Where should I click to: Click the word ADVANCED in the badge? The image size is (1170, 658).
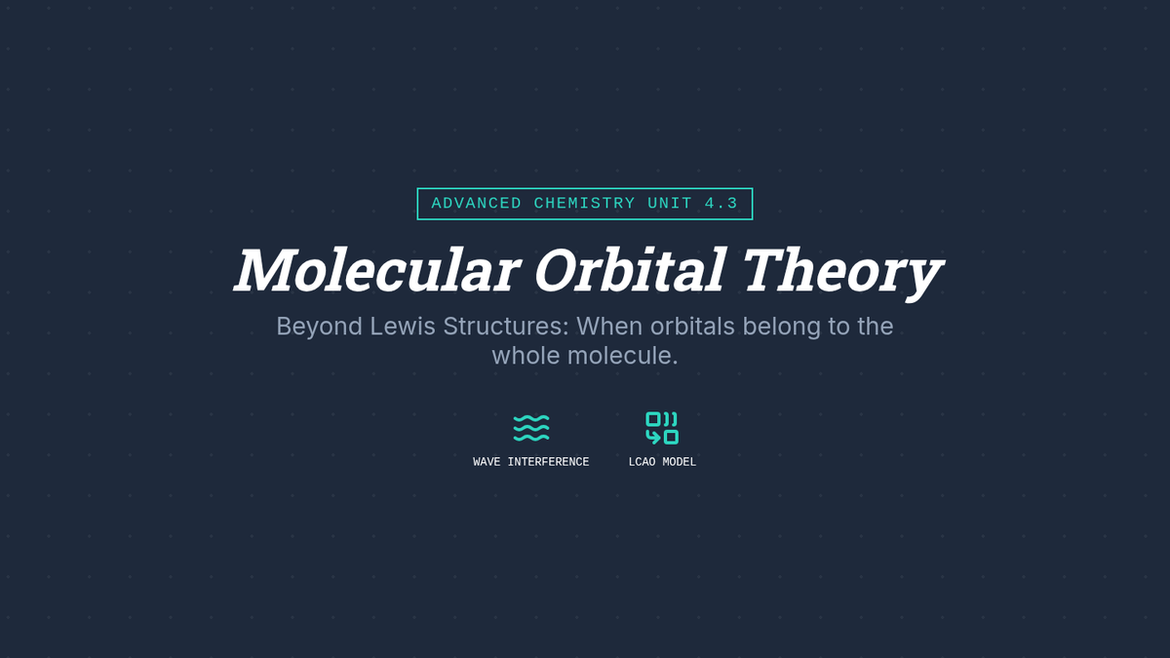pyautogui.click(x=477, y=203)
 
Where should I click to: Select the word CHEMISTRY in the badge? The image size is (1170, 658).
pyautogui.click(x=584, y=203)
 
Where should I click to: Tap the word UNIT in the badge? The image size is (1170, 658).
pyautogui.click(x=670, y=203)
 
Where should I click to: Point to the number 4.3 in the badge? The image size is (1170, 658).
pyautogui.click(x=721, y=203)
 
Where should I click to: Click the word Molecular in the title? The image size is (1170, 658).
pyautogui.click(x=377, y=270)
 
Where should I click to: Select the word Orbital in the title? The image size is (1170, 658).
pyautogui.click(x=630, y=270)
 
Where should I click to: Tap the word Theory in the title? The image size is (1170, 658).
pyautogui.click(x=842, y=274)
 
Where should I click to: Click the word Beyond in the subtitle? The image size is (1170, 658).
pyautogui.click(x=319, y=327)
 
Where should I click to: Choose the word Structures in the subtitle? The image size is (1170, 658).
pyautogui.click(x=506, y=326)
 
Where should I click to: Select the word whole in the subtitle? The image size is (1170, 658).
pyautogui.click(x=526, y=355)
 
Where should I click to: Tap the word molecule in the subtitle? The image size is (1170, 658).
pyautogui.click(x=622, y=355)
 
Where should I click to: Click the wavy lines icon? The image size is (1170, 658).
pyautogui.click(x=531, y=429)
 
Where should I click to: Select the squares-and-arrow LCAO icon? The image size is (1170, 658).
pyautogui.click(x=662, y=428)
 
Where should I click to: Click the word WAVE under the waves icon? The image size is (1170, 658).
pyautogui.click(x=487, y=462)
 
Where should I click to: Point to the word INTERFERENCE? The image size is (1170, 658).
pyautogui.click(x=548, y=462)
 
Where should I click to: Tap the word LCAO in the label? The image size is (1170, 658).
pyautogui.click(x=642, y=462)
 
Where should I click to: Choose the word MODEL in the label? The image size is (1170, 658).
pyautogui.click(x=679, y=462)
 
